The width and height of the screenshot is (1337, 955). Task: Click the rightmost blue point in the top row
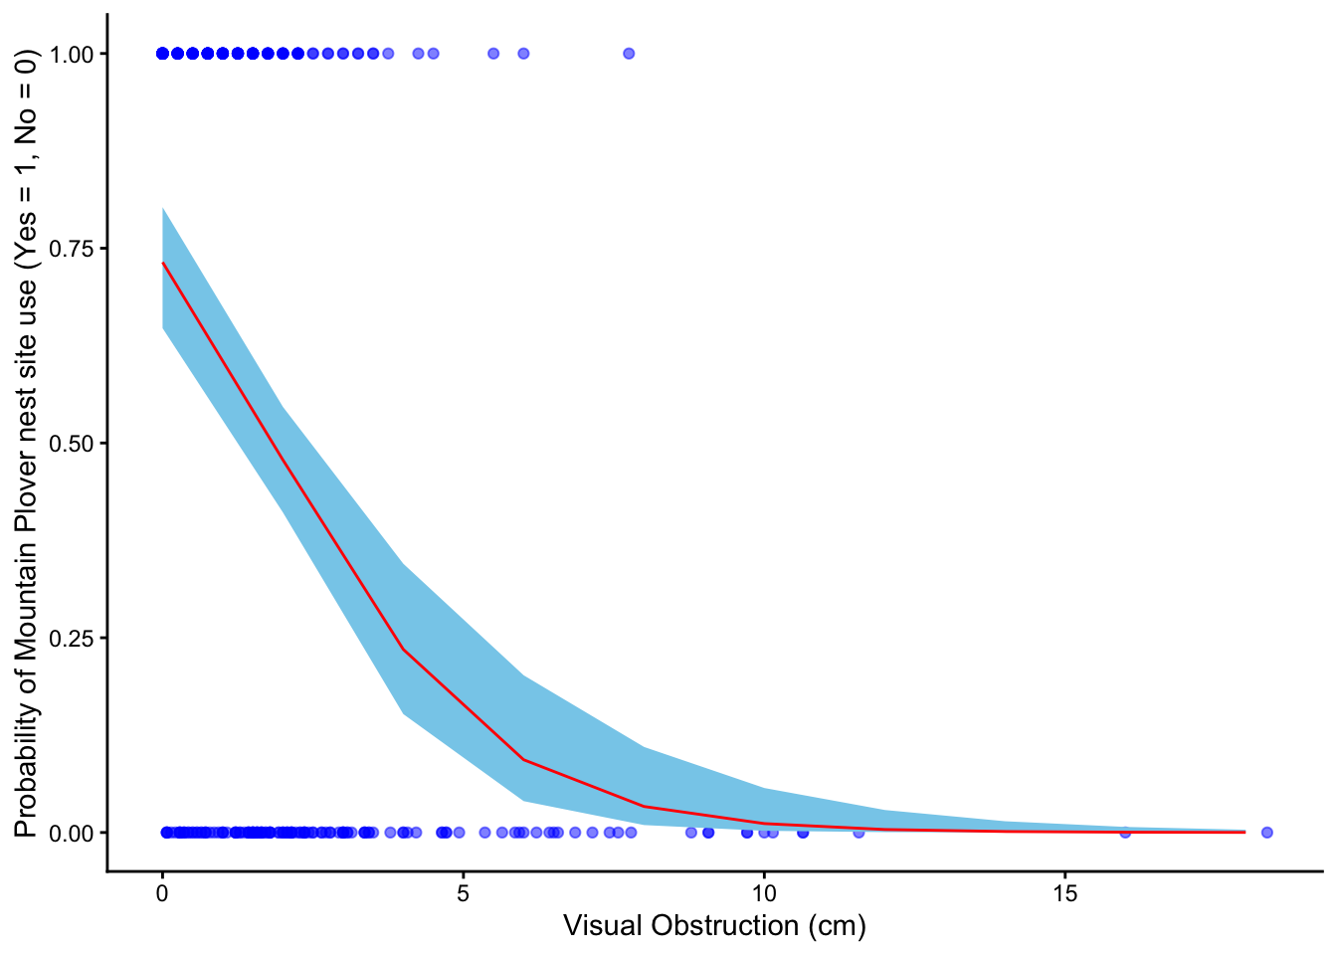click(629, 54)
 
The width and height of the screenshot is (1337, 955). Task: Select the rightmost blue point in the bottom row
click(1266, 833)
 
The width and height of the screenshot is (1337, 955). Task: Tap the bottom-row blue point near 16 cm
click(1125, 833)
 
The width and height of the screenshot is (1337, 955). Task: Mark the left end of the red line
click(162, 263)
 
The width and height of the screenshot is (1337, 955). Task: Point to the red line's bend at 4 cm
click(403, 649)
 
